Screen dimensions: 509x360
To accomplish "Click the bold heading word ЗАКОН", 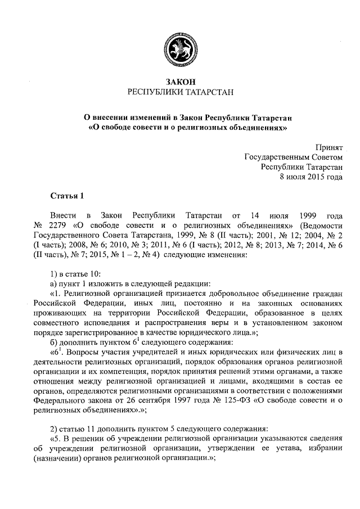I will [180, 82].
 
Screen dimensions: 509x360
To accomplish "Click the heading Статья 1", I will [66, 196].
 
